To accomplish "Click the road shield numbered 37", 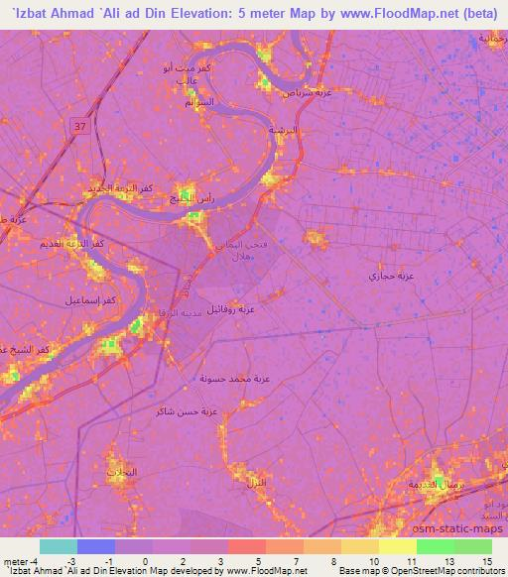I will tap(78, 125).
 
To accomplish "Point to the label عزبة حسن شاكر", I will tap(181, 410).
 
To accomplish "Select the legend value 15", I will tap(488, 561).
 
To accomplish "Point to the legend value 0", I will tap(145, 561).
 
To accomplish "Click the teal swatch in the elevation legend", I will tap(59, 546).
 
